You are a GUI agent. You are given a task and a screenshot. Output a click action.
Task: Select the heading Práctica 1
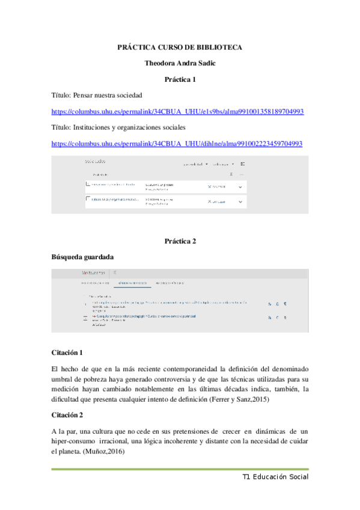click(180, 79)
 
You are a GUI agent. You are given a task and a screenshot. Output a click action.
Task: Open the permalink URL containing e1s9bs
click(177, 111)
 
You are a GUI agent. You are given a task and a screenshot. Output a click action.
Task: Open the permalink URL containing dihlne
click(177, 144)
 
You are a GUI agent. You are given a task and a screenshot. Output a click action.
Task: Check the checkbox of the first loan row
click(88, 183)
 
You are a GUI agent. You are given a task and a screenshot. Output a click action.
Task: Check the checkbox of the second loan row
click(88, 198)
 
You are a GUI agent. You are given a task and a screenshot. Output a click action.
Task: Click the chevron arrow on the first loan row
click(240, 186)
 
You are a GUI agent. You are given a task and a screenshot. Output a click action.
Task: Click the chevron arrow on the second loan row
click(240, 201)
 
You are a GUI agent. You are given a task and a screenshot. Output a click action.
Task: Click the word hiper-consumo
click(76, 442)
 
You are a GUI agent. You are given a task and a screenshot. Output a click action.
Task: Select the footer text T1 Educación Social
click(275, 476)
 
